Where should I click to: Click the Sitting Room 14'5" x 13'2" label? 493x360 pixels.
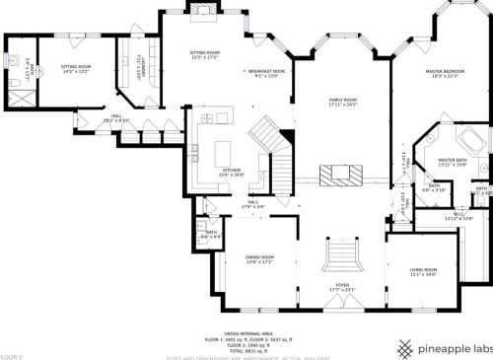(x=76, y=69)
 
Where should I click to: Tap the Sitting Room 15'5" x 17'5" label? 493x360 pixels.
(x=205, y=54)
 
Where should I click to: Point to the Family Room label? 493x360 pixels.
(x=342, y=103)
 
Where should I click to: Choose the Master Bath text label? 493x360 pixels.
(x=453, y=161)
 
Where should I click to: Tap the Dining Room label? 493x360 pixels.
(x=260, y=259)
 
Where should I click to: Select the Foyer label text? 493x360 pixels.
(x=342, y=287)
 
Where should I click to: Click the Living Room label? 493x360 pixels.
(x=423, y=271)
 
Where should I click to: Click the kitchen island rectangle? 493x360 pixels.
(x=223, y=153)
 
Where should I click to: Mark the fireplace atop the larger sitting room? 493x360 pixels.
(x=205, y=11)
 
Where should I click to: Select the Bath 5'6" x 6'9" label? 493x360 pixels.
(x=210, y=235)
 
